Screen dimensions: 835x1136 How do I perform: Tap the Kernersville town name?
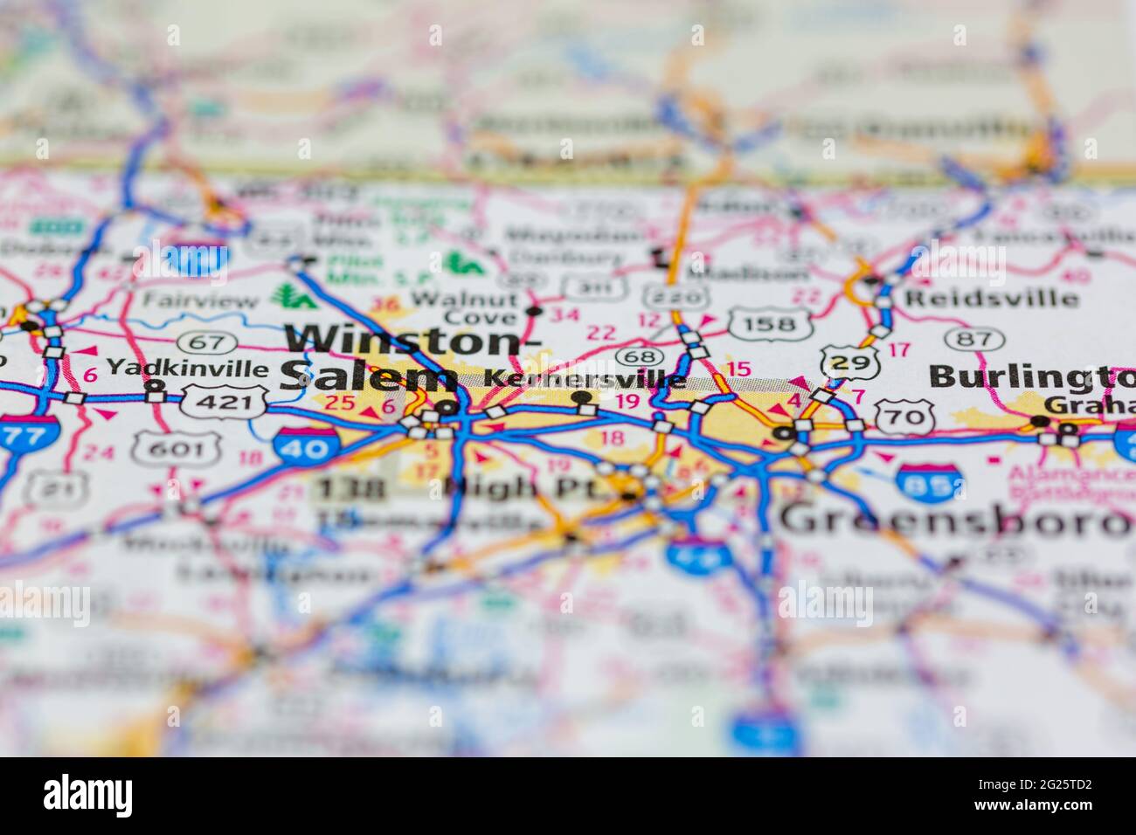tap(585, 380)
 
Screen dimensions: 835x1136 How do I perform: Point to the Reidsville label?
tap(991, 298)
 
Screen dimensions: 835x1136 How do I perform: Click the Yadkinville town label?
tap(187, 366)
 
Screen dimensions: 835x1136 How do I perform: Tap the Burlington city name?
tap(1031, 376)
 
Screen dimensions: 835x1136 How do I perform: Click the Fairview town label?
tap(201, 301)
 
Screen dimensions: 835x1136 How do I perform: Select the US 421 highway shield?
tap(224, 403)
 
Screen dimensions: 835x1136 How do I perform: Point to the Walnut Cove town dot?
tap(534, 311)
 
